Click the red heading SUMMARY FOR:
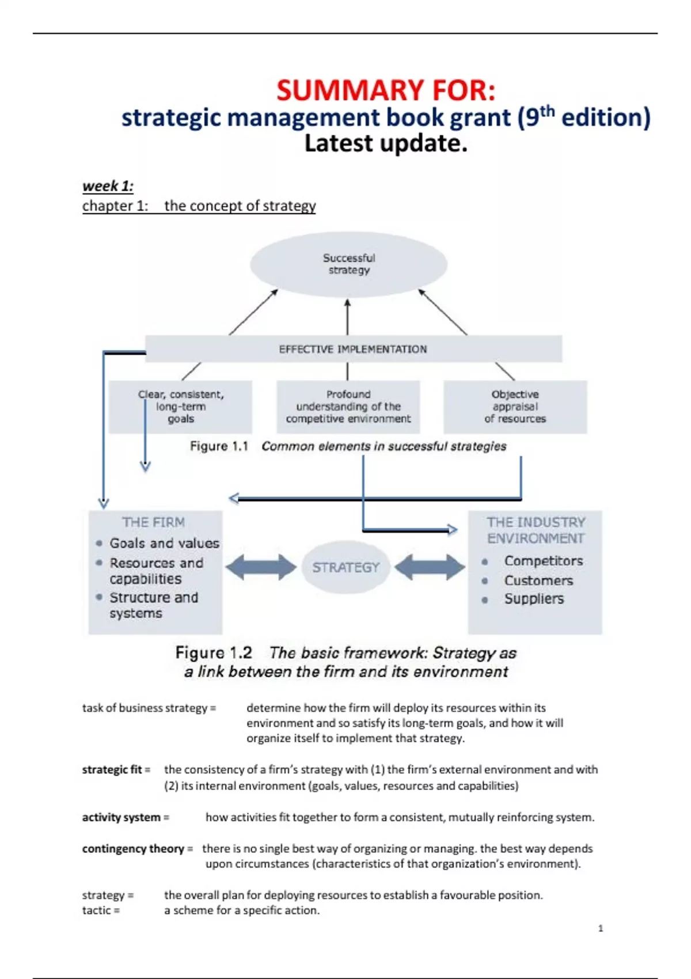coord(385,90)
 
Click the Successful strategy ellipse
coord(348,264)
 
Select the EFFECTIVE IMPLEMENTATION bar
coord(353,349)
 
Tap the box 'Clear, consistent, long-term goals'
coord(180,407)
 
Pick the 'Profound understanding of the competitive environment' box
coord(348,407)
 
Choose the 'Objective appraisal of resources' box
coord(515,407)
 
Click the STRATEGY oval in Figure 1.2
coord(345,567)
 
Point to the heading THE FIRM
coord(153,522)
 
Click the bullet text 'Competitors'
coord(543,561)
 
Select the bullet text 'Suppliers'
coord(534,599)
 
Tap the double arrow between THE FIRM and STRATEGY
coord(261,567)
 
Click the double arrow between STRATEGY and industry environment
coord(430,567)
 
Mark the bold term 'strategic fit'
coord(112,770)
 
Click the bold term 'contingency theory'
coord(133,849)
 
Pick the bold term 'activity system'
coord(121,817)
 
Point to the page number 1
coord(601,928)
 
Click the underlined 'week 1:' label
coord(108,186)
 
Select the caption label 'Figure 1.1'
coord(219,446)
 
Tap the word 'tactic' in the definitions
coord(96,910)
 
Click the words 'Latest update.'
coord(385,143)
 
